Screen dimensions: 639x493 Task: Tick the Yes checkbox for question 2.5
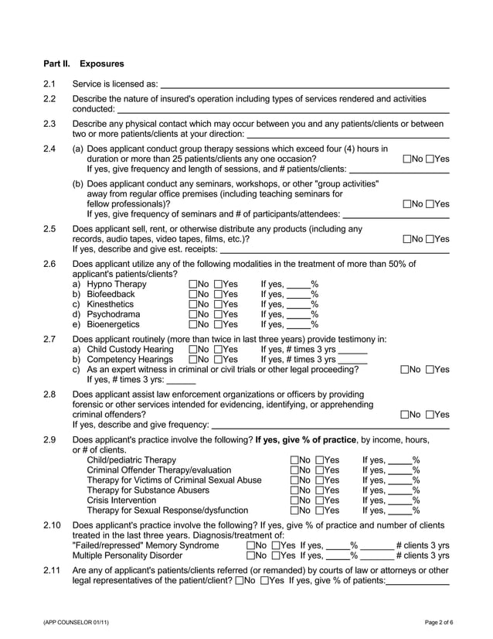click(430, 239)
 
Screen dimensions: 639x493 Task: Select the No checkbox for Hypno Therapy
click(192, 284)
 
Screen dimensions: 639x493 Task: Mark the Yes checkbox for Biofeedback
click(217, 294)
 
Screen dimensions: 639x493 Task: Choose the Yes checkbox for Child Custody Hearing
click(217, 350)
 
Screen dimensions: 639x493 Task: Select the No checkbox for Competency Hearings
click(192, 360)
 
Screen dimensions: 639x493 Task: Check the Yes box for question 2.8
click(430, 415)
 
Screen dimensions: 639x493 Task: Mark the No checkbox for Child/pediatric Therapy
click(294, 460)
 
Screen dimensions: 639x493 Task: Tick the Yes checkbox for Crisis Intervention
click(319, 500)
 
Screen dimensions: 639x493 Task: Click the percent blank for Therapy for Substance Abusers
click(401, 491)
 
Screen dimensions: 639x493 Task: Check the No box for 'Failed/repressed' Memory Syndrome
click(250, 545)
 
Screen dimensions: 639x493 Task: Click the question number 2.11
click(52, 571)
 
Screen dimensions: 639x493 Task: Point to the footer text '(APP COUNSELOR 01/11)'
click(71, 623)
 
